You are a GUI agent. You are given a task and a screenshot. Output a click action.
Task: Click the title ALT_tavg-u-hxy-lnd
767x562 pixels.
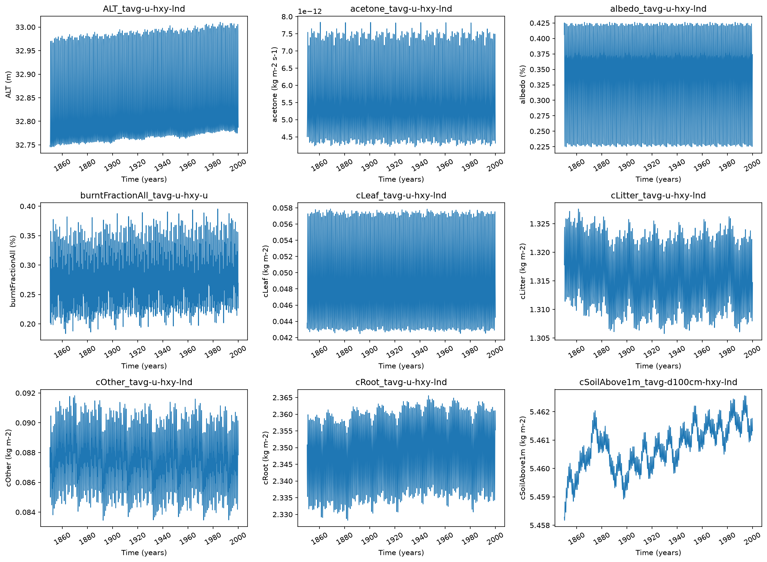pos(144,9)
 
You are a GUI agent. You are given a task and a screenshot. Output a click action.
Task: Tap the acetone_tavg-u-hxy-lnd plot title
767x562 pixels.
pos(401,9)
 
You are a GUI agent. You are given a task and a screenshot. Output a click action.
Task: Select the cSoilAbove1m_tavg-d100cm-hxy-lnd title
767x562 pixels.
pos(658,382)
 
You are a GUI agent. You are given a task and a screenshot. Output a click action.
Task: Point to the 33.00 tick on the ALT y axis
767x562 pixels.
pos(25,27)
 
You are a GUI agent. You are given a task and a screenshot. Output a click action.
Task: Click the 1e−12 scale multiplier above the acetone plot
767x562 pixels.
pos(310,11)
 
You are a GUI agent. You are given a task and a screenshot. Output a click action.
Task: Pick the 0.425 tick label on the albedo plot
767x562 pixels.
pos(540,23)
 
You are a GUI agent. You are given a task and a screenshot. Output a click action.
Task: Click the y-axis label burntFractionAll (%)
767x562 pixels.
pos(13,271)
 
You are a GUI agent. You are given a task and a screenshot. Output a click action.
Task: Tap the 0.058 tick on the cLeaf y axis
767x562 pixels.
pos(283,208)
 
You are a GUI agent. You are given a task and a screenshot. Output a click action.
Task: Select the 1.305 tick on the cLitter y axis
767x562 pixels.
pos(540,338)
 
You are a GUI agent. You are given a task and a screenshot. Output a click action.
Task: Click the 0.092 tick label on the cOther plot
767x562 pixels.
pos(25,393)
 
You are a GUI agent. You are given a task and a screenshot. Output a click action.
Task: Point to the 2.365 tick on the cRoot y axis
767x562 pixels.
pos(283,397)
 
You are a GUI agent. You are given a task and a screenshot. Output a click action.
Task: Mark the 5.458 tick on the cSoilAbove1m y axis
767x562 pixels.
pos(540,525)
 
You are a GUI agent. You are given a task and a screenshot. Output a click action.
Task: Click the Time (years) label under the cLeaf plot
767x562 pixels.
pos(401,366)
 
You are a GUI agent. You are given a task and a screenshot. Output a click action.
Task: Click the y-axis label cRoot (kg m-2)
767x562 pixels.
pos(266,458)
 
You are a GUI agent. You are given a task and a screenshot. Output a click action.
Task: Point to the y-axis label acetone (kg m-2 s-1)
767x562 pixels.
pos(274,84)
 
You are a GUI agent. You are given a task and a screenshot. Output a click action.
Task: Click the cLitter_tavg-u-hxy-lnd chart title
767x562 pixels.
pos(658,195)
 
